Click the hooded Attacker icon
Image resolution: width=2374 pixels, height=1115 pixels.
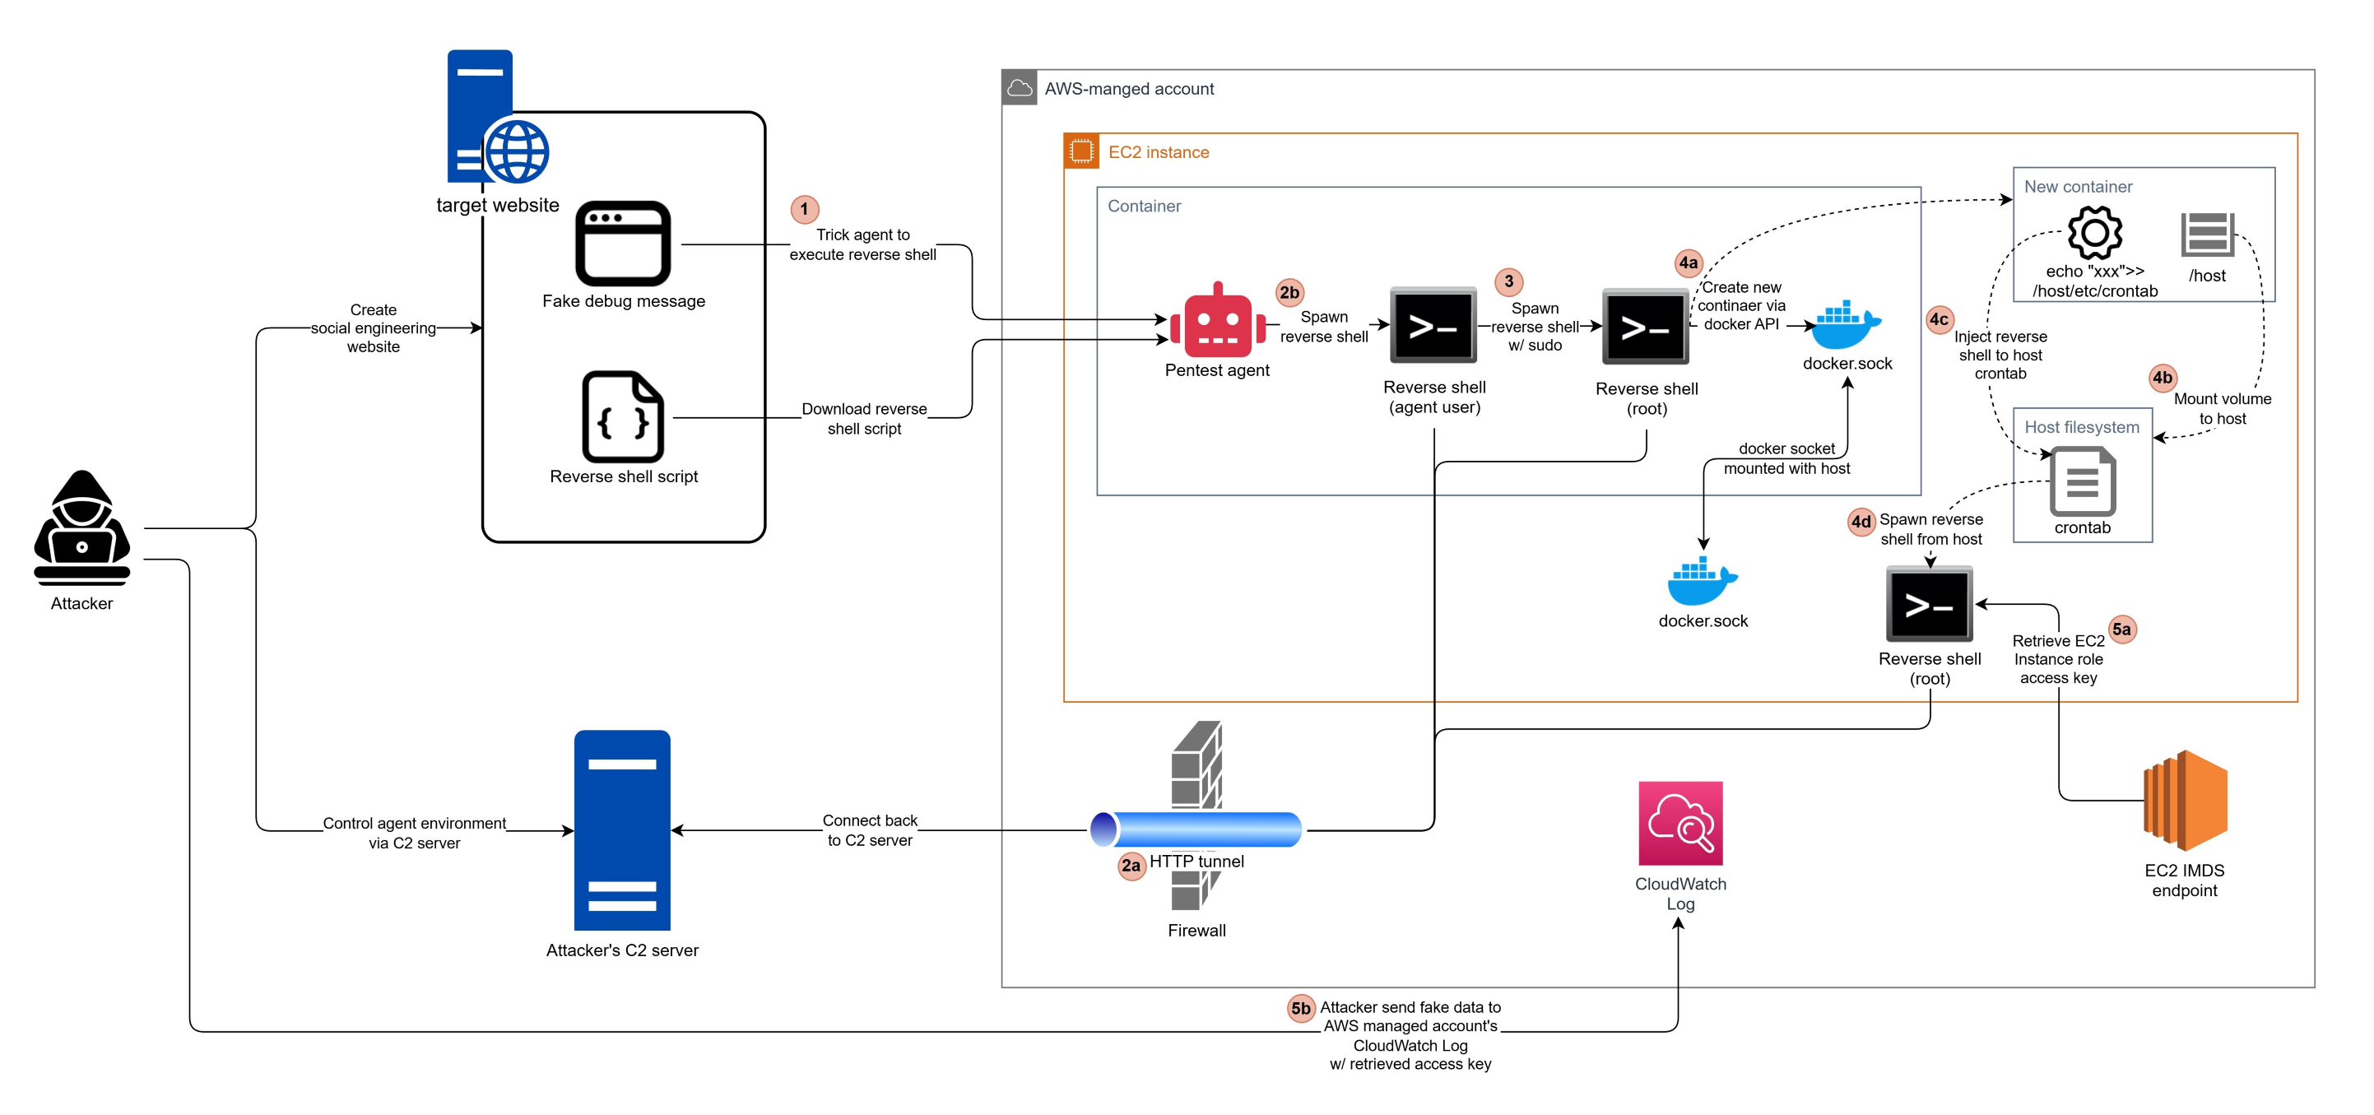click(x=82, y=528)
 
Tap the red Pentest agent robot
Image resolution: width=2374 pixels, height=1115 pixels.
click(x=1217, y=322)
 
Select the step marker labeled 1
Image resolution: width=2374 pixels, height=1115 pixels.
click(x=805, y=208)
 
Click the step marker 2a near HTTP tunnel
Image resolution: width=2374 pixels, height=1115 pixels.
click(x=1131, y=866)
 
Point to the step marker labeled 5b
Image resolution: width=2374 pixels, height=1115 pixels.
click(x=1300, y=1008)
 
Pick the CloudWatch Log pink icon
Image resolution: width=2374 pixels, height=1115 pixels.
click(x=1680, y=823)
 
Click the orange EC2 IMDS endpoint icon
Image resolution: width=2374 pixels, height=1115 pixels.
click(x=2185, y=800)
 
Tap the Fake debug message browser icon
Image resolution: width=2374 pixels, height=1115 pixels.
click(x=623, y=244)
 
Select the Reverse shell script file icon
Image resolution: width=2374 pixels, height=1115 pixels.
click(x=623, y=416)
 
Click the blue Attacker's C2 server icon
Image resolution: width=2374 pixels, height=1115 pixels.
click(x=622, y=830)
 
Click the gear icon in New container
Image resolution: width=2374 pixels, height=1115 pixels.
click(x=2095, y=233)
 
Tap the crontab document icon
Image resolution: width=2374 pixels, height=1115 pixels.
click(x=2082, y=481)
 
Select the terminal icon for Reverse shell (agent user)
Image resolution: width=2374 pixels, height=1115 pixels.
click(x=1433, y=325)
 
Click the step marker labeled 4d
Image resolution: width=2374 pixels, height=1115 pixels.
click(x=1861, y=522)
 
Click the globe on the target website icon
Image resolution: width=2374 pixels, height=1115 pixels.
click(x=517, y=151)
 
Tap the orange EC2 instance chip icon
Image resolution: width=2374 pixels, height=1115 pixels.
click(x=1081, y=151)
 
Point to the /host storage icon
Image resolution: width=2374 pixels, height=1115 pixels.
click(x=2207, y=234)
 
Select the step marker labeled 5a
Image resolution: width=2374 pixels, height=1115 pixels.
click(x=2121, y=630)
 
